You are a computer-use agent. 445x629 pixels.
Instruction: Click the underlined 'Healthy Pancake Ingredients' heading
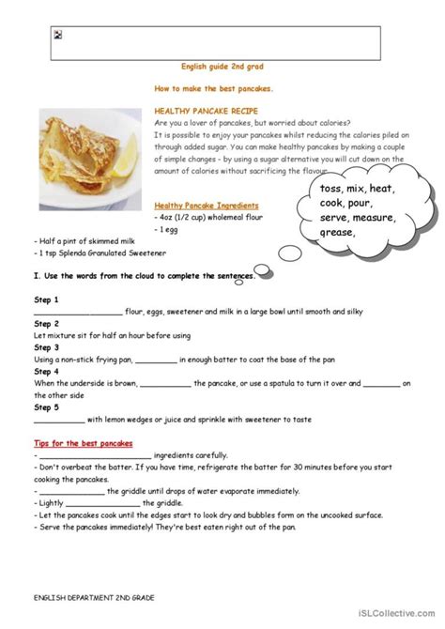(x=207, y=204)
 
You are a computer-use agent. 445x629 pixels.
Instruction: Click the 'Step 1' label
(x=46, y=299)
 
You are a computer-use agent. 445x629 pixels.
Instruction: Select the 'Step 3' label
(x=46, y=346)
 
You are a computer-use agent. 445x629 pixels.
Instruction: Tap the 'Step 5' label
(x=46, y=407)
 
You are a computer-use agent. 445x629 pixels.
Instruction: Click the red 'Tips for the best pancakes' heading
(x=83, y=442)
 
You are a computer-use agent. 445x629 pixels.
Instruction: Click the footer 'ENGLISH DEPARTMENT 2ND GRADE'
(x=89, y=597)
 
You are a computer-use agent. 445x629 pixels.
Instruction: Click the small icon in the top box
(x=58, y=34)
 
